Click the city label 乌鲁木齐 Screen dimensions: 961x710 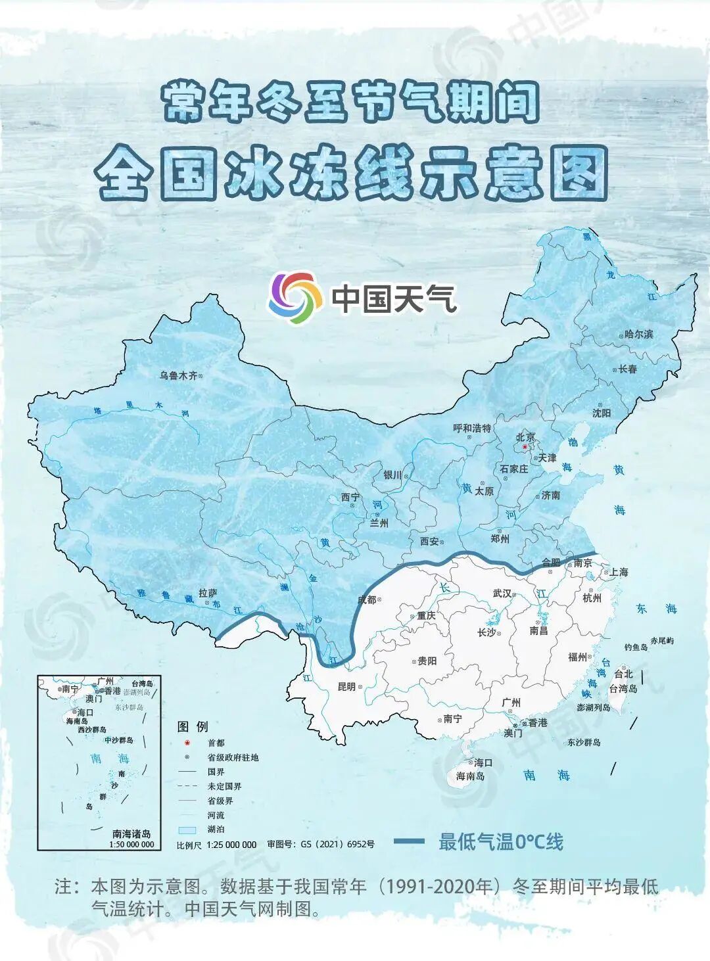point(178,376)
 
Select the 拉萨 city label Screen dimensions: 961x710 point(208,593)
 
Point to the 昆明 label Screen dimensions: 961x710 point(346,687)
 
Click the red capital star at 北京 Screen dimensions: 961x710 point(524,447)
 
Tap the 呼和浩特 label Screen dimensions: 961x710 point(472,429)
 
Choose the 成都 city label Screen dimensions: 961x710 point(367,599)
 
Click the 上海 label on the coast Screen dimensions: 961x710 point(619,573)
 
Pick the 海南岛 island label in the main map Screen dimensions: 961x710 point(470,776)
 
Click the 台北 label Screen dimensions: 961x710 point(623,674)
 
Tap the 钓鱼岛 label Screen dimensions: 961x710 point(636,647)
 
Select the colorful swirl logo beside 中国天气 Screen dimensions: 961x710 point(295,298)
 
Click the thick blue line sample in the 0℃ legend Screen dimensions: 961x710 point(409,841)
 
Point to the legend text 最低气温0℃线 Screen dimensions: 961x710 point(501,842)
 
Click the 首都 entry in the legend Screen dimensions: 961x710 point(216,743)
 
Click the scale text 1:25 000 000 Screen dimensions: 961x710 point(231,845)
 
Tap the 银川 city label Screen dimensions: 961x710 point(392,475)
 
